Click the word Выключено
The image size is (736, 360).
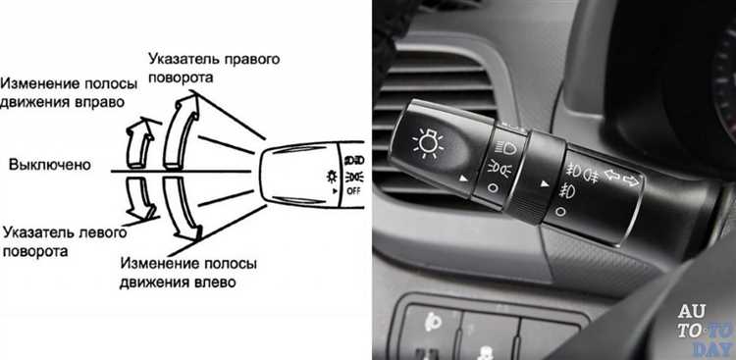[x=50, y=165]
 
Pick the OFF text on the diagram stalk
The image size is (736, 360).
[x=353, y=191]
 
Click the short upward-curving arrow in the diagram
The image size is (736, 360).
[x=140, y=142]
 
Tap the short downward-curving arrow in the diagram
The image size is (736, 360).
[x=140, y=198]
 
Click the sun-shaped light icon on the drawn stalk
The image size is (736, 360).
[x=333, y=177]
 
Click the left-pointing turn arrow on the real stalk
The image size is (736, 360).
[x=611, y=175]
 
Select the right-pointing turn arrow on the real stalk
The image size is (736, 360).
[x=631, y=180]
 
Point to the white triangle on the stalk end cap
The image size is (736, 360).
[x=464, y=179]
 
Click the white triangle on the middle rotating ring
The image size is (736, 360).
[x=545, y=184]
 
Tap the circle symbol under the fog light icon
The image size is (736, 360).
[x=560, y=212]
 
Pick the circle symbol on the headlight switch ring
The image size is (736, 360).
[x=492, y=188]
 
